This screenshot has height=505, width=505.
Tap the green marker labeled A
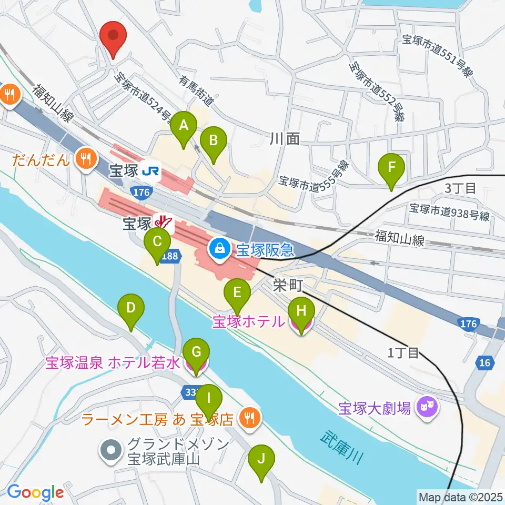point(184,126)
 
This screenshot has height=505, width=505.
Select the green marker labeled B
point(214,141)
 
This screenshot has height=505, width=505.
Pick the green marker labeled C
point(157,243)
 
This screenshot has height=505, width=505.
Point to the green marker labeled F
point(391,168)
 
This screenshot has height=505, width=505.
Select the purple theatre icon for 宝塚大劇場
point(425,406)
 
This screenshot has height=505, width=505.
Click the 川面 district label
point(285,139)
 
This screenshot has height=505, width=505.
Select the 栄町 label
point(287,285)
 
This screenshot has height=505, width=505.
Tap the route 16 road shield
point(483,362)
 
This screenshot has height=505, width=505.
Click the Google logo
point(35,492)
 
